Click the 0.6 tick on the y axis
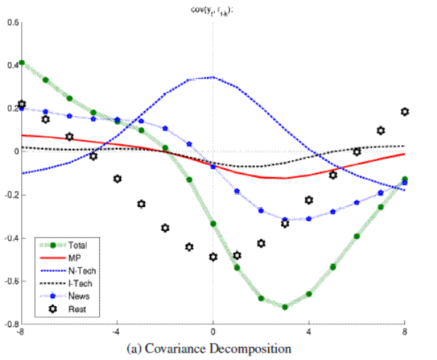[12, 22]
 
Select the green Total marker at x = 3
[285, 307]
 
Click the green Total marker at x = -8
[22, 63]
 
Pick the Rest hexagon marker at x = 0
[213, 257]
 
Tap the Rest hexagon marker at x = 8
[405, 111]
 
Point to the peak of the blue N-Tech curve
[213, 77]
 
